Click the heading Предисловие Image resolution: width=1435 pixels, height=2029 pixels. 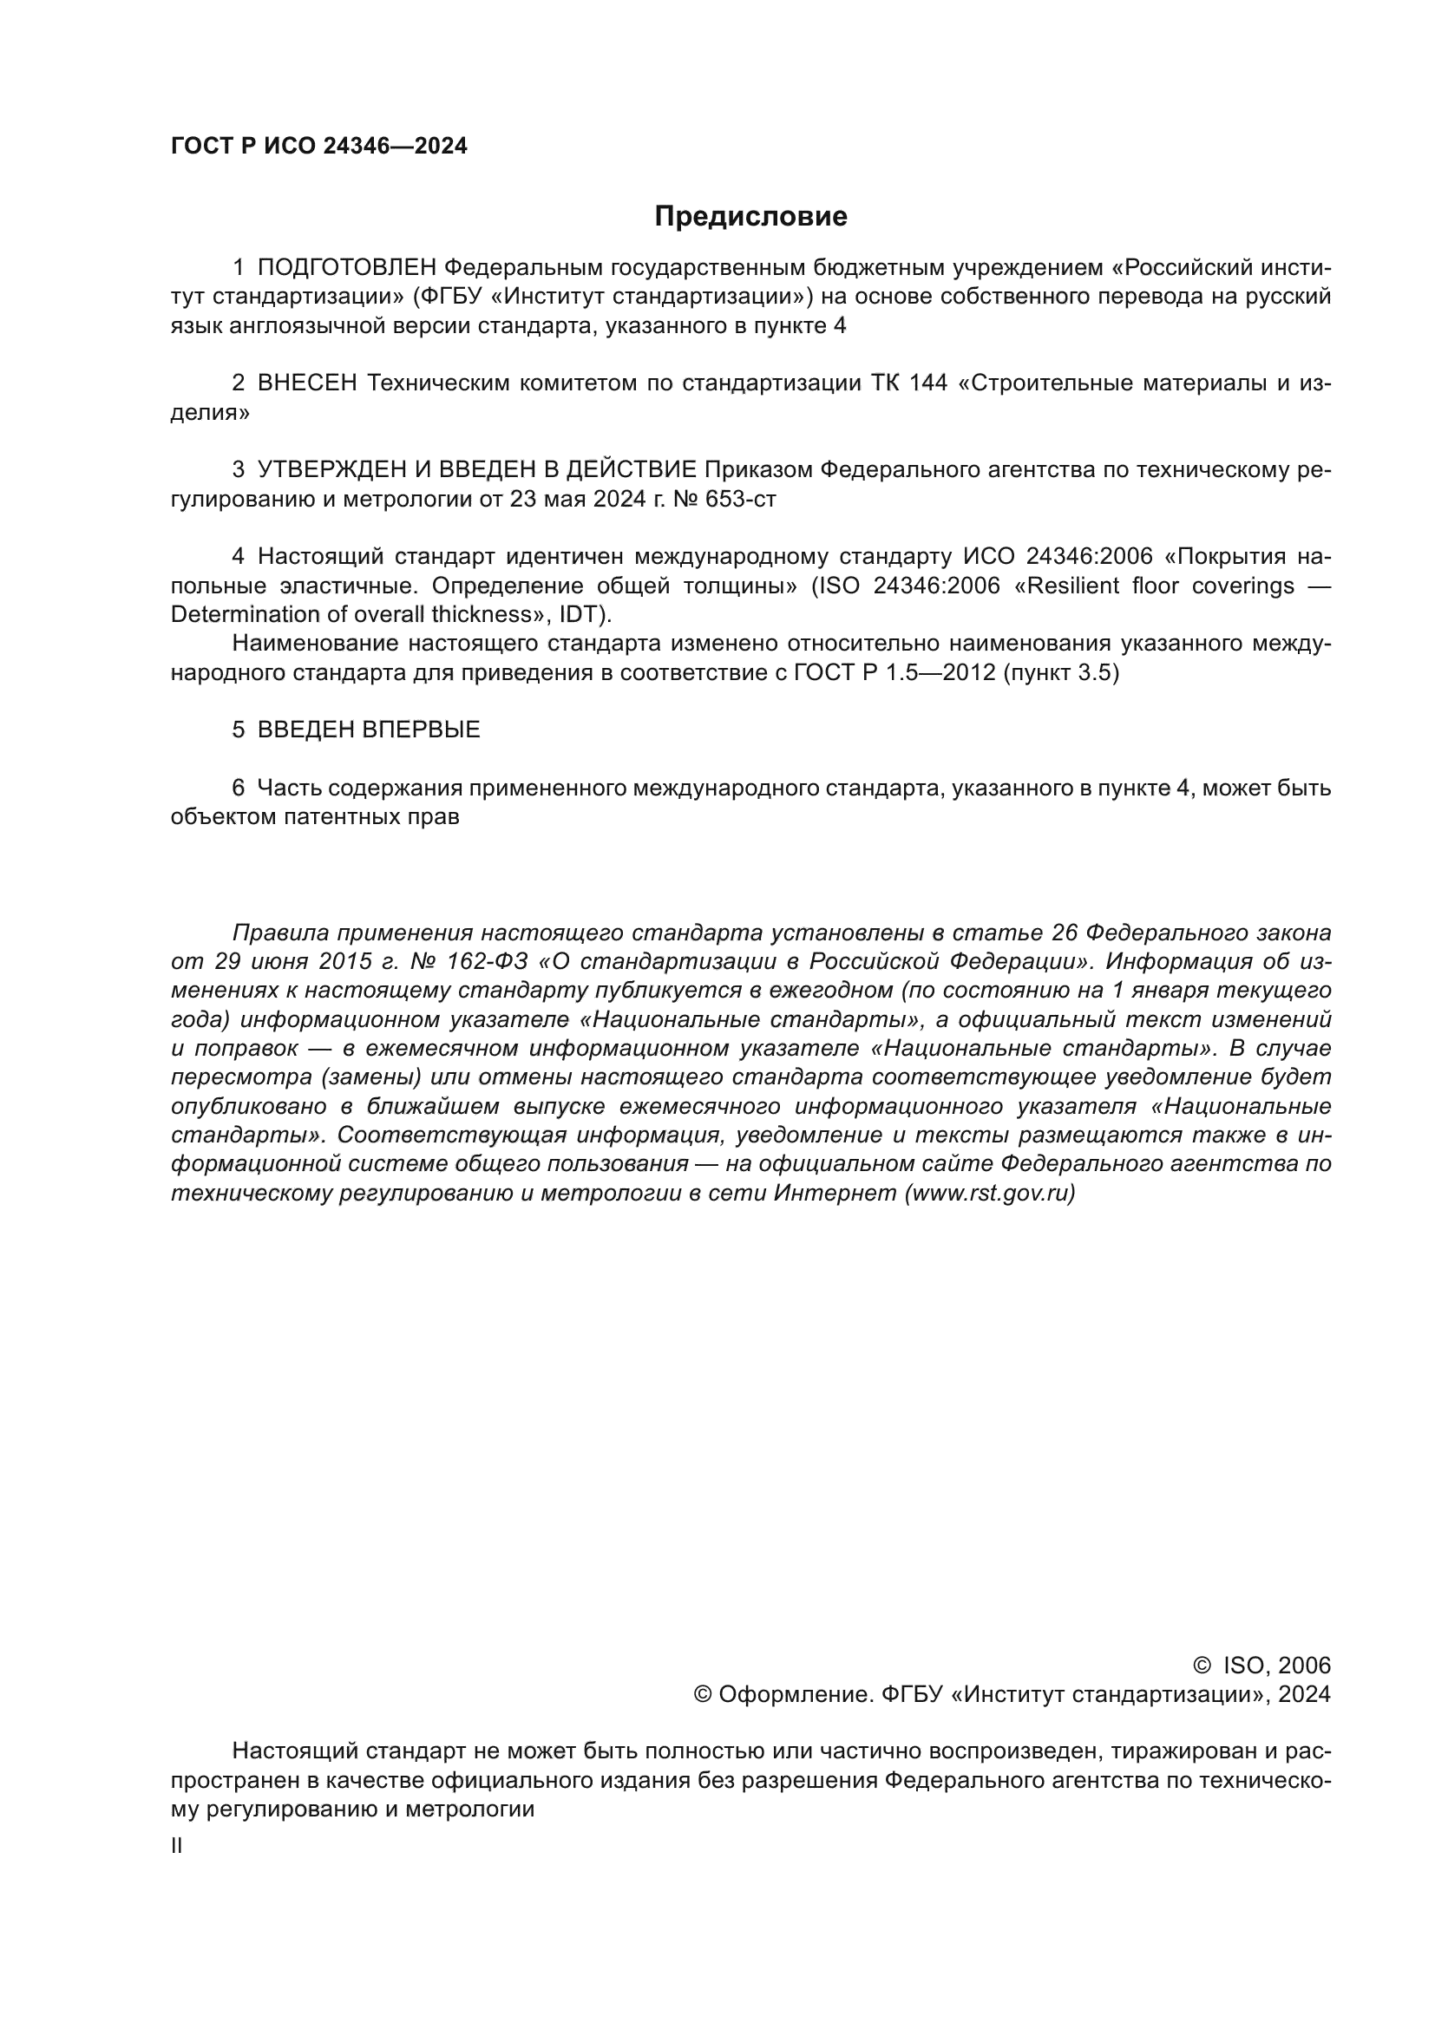(750, 217)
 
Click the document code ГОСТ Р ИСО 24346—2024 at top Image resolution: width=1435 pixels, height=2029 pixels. (318, 147)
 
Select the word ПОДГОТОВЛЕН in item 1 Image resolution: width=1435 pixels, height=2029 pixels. (346, 268)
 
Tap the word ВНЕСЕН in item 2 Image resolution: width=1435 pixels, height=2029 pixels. (306, 383)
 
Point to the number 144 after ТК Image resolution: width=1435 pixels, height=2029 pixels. (927, 383)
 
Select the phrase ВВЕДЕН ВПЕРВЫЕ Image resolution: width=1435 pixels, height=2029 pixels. (369, 730)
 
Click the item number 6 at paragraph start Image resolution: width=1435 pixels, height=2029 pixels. (238, 789)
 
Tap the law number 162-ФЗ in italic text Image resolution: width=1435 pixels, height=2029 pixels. (484, 961)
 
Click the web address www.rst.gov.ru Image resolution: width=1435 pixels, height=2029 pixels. (990, 1193)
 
